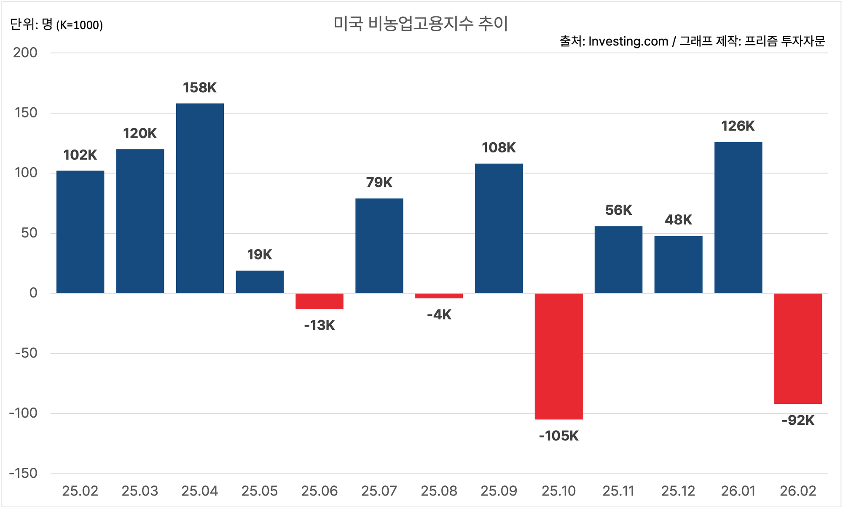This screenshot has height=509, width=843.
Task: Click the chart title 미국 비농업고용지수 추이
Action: click(x=421, y=24)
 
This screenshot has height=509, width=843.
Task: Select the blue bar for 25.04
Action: click(x=200, y=198)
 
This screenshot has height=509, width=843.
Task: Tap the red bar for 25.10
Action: click(x=558, y=356)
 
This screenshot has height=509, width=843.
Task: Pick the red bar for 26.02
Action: click(x=798, y=349)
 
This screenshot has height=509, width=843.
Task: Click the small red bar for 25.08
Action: click(x=439, y=296)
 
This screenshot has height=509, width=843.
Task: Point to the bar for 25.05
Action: click(x=260, y=282)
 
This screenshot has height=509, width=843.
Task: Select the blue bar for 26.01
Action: click(x=738, y=217)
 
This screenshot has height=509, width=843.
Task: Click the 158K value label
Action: click(x=200, y=88)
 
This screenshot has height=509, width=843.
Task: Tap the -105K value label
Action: click(x=558, y=436)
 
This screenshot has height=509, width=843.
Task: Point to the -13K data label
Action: click(x=319, y=325)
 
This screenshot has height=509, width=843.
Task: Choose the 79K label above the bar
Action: click(x=379, y=182)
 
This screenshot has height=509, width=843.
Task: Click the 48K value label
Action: click(x=678, y=220)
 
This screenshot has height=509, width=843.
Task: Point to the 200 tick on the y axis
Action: click(x=25, y=53)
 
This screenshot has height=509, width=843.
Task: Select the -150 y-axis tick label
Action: click(x=24, y=473)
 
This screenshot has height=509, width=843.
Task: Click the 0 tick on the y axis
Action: click(x=33, y=293)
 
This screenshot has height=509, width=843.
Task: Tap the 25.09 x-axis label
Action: click(x=499, y=491)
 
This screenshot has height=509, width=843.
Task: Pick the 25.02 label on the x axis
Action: click(x=80, y=491)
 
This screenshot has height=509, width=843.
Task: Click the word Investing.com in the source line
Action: click(x=628, y=41)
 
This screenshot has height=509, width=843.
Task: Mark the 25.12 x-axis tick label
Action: click(x=678, y=491)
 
